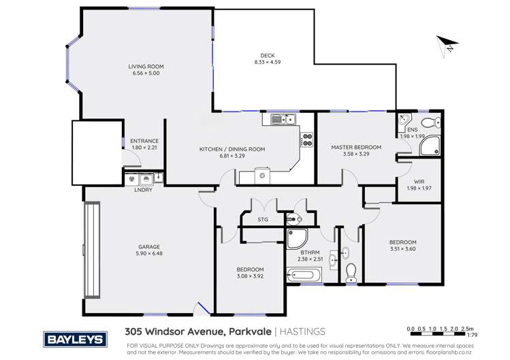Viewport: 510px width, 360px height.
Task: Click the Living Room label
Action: tap(146, 67)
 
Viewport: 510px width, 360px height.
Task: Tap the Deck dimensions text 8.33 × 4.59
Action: tap(267, 63)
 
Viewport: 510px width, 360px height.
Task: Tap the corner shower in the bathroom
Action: tap(298, 239)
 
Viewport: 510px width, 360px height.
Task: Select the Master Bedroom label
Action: tap(356, 147)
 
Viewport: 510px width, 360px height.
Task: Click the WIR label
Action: tap(419, 181)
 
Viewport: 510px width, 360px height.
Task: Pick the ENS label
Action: tap(412, 129)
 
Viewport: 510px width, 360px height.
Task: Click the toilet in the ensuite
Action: tap(429, 123)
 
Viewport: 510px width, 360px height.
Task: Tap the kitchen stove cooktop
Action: tap(306, 140)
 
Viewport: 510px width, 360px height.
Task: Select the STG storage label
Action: tap(263, 220)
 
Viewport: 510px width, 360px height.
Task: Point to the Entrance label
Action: tap(144, 141)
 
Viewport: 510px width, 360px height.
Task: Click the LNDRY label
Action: tap(144, 189)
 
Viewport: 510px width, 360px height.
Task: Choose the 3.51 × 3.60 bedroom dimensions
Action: tap(402, 249)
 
